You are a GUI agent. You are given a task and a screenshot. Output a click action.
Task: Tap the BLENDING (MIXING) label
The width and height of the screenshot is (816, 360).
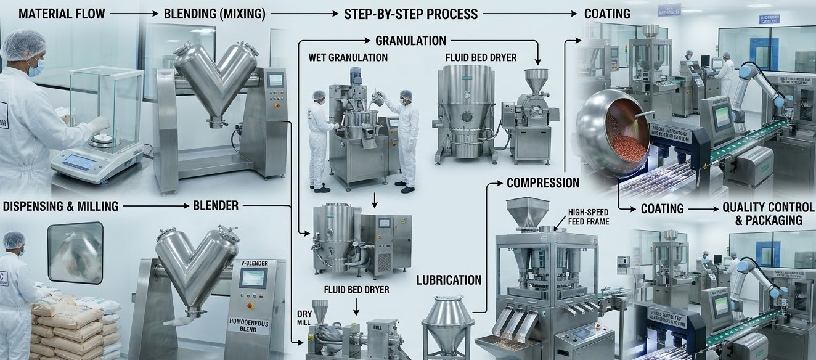(x=214, y=13)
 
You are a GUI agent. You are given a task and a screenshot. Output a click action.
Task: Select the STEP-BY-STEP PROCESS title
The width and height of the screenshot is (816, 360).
(x=411, y=13)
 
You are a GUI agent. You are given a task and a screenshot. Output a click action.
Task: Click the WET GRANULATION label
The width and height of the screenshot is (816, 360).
(x=348, y=57)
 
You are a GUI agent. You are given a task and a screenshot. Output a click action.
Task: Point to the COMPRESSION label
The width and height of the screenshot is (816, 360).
(x=542, y=182)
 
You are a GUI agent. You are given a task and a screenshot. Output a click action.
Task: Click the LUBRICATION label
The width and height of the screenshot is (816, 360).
(x=449, y=280)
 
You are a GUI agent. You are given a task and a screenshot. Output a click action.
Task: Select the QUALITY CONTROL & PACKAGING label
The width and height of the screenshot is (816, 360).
(x=769, y=215)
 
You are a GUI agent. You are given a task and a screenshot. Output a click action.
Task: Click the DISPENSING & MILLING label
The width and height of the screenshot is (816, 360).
(x=60, y=206)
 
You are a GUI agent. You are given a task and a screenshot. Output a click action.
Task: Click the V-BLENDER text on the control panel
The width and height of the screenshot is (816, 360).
(x=254, y=263)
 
